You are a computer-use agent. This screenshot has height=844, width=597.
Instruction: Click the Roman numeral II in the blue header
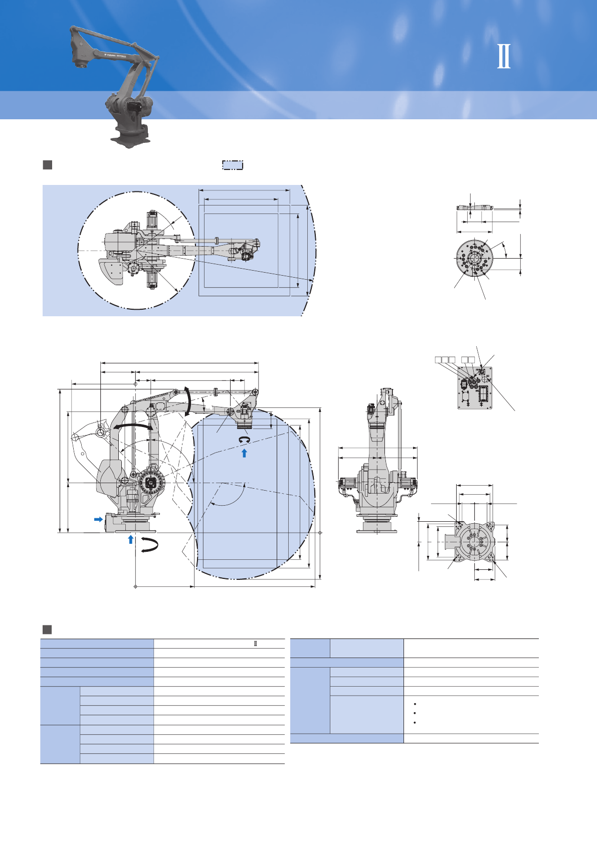[504, 56]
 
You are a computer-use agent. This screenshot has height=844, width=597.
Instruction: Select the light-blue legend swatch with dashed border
[233, 165]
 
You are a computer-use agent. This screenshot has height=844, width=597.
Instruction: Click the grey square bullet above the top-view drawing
[48, 165]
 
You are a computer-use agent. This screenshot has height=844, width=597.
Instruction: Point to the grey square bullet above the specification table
[48, 629]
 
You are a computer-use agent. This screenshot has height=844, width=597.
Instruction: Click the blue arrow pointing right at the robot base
[98, 519]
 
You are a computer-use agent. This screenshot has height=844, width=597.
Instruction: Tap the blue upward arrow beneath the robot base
[131, 539]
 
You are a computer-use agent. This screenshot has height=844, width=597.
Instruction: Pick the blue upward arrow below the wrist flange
[244, 453]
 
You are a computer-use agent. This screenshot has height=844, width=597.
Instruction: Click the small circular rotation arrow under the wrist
[245, 440]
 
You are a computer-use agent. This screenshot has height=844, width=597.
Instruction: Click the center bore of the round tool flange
[474, 259]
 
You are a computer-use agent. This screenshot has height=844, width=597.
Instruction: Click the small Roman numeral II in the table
[256, 644]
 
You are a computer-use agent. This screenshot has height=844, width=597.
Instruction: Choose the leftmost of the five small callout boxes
[438, 359]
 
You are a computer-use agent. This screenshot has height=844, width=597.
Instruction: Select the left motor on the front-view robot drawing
[347, 484]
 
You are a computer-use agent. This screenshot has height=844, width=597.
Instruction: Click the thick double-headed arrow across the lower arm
[132, 426]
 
